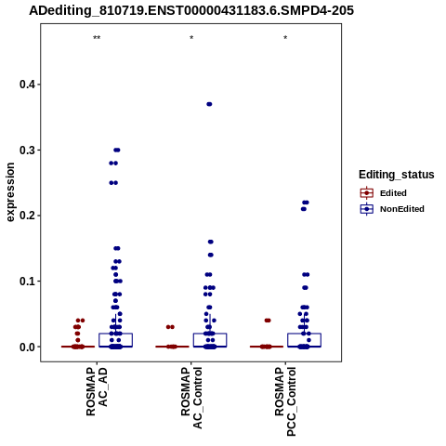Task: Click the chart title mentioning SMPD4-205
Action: pyautogui.click(x=191, y=11)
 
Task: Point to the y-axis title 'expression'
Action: pyautogui.click(x=10, y=192)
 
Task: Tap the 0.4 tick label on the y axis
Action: pyautogui.click(x=27, y=85)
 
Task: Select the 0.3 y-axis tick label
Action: pyautogui.click(x=27, y=150)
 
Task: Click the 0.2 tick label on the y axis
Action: pyautogui.click(x=27, y=216)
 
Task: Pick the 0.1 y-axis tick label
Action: pyautogui.click(x=27, y=282)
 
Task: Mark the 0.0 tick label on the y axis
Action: pyautogui.click(x=27, y=347)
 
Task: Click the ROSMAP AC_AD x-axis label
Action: pyautogui.click(x=97, y=391)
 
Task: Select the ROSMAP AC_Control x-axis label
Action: pyautogui.click(x=191, y=398)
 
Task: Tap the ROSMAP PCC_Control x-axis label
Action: pyautogui.click(x=285, y=401)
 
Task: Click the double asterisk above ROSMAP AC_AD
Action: pyautogui.click(x=97, y=38)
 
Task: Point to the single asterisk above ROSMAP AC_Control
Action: pyautogui.click(x=191, y=38)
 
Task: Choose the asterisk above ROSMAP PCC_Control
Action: pyautogui.click(x=285, y=38)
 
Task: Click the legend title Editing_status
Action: pyautogui.click(x=396, y=175)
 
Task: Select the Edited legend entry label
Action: pyautogui.click(x=393, y=193)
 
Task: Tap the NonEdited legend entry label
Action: pyautogui.click(x=402, y=209)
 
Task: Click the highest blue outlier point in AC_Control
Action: pyautogui.click(x=209, y=104)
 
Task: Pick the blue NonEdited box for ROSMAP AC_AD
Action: pyautogui.click(x=116, y=340)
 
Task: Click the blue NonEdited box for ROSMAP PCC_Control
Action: pyautogui.click(x=304, y=340)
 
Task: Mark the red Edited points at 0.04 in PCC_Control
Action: pyautogui.click(x=268, y=321)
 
